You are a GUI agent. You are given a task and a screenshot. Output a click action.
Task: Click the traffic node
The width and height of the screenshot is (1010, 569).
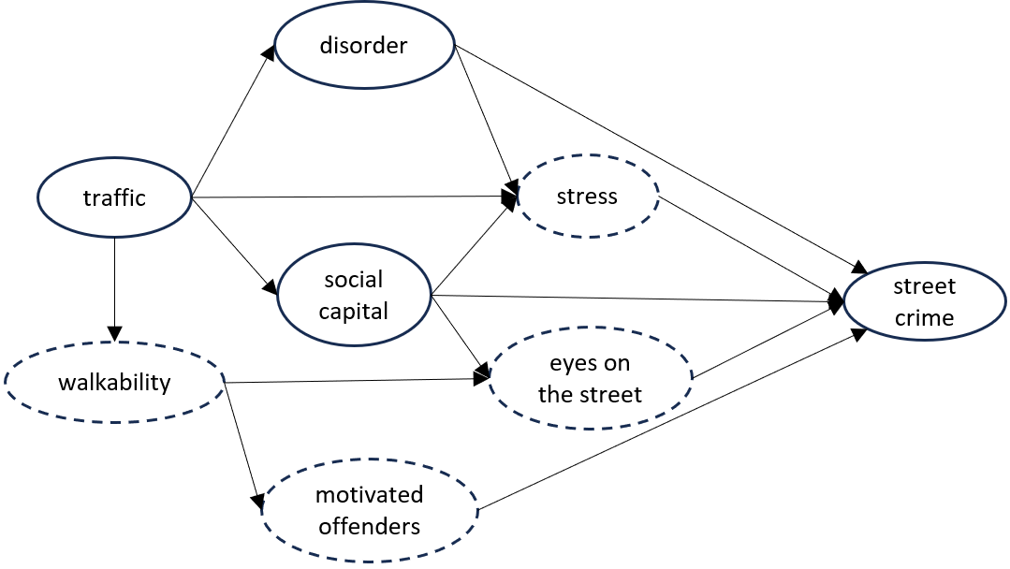pos(114,197)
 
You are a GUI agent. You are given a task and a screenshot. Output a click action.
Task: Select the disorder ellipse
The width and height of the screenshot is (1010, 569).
pos(363,46)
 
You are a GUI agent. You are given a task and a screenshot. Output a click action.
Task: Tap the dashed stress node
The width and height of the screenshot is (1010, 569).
pos(587,197)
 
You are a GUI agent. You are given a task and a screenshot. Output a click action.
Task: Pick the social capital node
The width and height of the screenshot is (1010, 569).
pos(354,295)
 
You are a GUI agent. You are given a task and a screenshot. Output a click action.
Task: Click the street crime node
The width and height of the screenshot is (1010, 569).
pos(924,302)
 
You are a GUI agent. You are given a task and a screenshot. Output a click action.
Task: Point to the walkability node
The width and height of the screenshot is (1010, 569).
pos(114,382)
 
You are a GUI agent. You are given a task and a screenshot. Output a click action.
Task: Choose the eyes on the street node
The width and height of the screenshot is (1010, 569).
pos(590,379)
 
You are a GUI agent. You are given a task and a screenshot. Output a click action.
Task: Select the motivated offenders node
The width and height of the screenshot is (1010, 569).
pos(370,510)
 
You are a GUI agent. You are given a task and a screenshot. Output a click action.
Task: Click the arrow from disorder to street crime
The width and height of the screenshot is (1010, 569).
pos(655,155)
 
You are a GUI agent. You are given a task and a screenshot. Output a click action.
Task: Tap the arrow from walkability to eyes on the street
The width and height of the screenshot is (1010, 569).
pos(356,380)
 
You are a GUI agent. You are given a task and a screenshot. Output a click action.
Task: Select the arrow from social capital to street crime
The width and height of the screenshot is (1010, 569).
pos(637,299)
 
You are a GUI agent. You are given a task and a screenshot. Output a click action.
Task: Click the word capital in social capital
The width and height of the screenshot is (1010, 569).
pos(354,311)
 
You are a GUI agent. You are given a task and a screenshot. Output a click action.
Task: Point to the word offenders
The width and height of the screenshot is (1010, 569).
pos(370,526)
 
